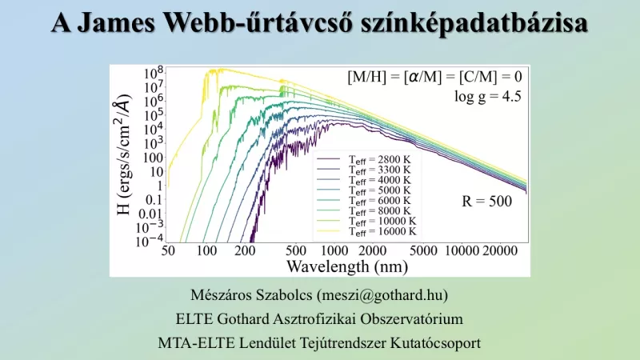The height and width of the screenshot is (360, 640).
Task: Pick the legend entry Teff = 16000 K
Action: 382,230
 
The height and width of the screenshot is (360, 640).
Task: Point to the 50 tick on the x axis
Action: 168,251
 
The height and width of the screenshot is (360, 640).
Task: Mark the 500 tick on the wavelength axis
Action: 296,251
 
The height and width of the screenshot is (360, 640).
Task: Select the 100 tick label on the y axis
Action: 153,157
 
